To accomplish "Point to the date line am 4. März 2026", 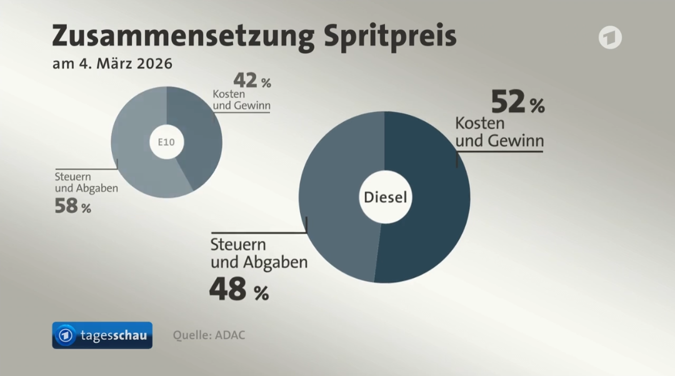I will [112, 64].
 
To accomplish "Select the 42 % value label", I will [252, 80].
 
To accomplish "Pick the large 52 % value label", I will [517, 102].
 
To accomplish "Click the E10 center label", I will [166, 143].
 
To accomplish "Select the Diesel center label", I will [384, 198].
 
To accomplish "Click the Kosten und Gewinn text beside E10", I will [241, 99].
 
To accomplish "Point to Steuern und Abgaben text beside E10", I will [86, 182].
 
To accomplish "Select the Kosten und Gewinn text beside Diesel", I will [499, 131].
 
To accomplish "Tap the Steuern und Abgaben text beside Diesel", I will [259, 253].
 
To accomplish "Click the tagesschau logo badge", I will [102, 336].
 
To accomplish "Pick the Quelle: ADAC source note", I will [209, 335].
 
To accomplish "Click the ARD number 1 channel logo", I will [610, 38].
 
